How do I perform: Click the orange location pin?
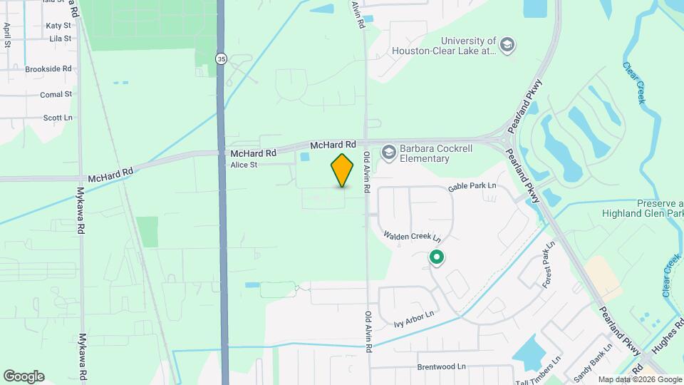pos(343,170)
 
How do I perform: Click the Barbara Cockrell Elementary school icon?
pos(388,151)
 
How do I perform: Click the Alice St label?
pos(244,165)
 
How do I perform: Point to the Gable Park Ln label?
pos(472,188)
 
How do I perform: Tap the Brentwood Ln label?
pos(441,366)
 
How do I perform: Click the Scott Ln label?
pos(58,118)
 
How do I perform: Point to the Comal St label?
pos(56,94)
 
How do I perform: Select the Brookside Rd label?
pos(48,69)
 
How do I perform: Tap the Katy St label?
pos(58,25)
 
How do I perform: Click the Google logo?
pos(24,376)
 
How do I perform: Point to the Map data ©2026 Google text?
pos(640,379)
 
